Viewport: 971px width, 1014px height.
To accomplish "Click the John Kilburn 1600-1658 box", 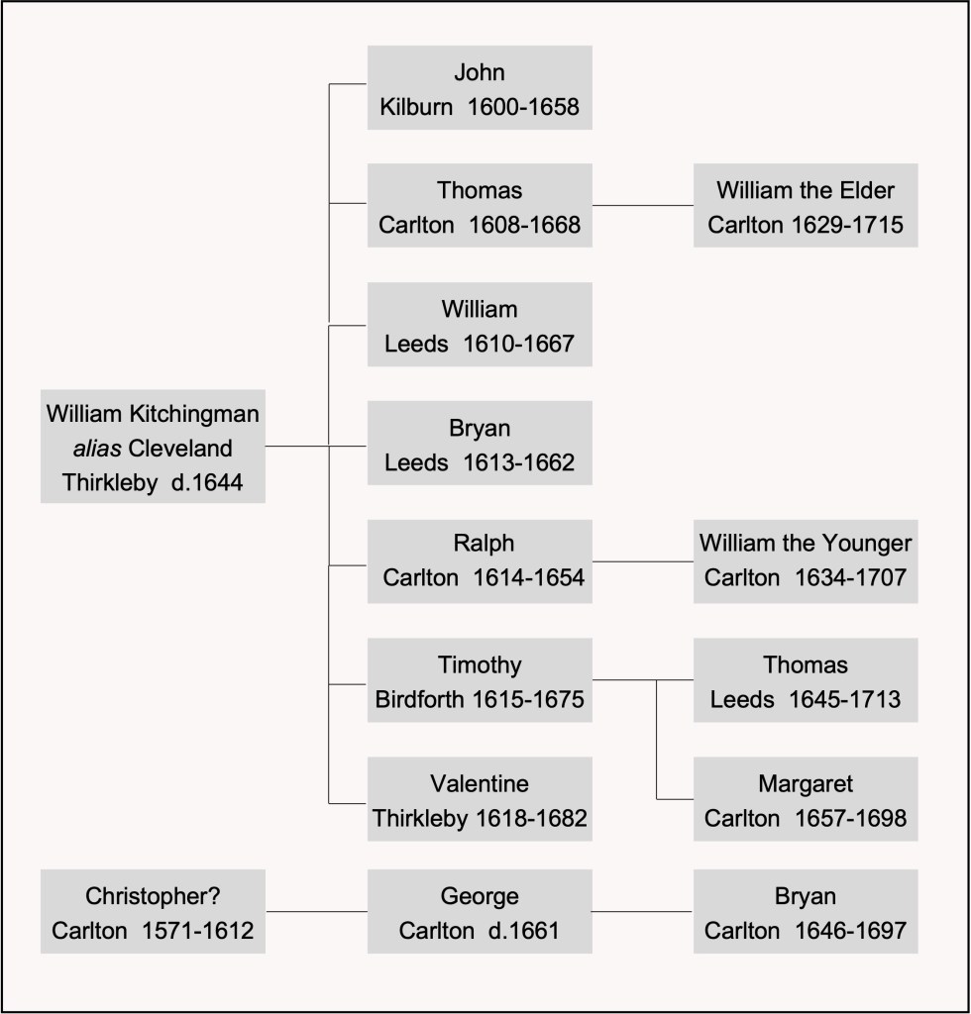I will coord(480,87).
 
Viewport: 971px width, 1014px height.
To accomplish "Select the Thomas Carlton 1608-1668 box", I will coord(480,206).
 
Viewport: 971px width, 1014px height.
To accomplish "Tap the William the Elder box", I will coord(806,206).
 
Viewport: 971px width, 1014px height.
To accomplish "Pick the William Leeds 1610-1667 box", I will coord(480,325).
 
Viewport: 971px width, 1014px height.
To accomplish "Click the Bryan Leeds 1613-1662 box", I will coord(480,444).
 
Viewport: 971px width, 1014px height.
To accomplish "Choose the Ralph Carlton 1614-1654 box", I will coord(480,561).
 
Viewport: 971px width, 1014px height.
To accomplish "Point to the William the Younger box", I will coord(806,561).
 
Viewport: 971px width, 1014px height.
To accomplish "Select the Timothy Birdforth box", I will coord(480,680).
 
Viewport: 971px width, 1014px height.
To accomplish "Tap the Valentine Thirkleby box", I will coord(480,799).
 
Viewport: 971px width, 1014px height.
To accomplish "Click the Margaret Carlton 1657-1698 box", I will coord(806,799).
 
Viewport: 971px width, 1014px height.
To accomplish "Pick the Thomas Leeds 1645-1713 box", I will coord(806,680).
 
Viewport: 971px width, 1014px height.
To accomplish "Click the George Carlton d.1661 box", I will coord(480,912).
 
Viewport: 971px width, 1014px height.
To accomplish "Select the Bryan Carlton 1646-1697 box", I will coord(806,912).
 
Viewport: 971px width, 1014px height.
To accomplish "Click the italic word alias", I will coord(96,448).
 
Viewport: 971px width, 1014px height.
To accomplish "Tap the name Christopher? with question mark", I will coord(153,897).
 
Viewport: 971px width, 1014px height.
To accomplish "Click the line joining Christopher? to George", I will coord(316,911).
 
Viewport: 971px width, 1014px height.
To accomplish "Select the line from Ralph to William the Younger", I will coord(642,561).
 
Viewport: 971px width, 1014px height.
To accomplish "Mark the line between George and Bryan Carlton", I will coord(642,911).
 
